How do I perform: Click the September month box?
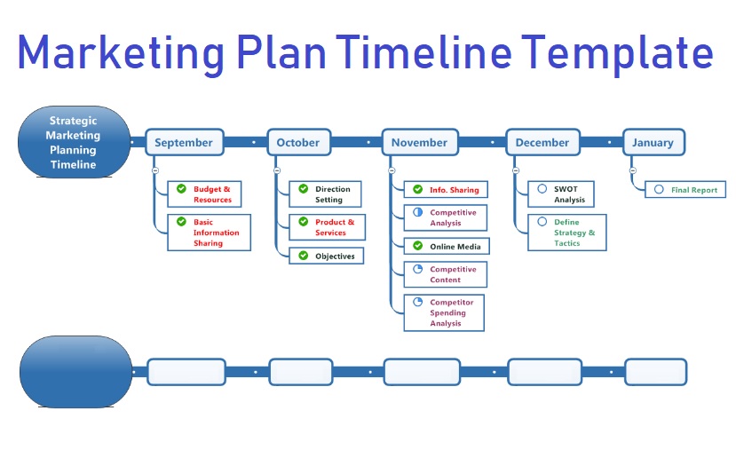[x=184, y=142]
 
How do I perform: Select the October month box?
[x=297, y=142]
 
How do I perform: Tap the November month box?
[x=419, y=142]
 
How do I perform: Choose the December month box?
[x=542, y=142]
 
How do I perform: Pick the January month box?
[x=653, y=142]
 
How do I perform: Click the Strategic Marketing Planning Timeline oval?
[x=73, y=142]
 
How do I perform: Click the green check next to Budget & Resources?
[x=181, y=189]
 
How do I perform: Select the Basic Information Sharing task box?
[x=209, y=233]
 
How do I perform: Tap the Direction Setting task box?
[x=326, y=194]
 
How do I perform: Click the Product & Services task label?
[x=335, y=227]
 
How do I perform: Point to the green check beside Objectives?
[x=303, y=256]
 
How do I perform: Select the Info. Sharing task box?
[x=445, y=190]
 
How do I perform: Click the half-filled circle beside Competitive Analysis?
[x=417, y=213]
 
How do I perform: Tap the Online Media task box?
[x=446, y=246]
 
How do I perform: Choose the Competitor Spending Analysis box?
[x=444, y=312]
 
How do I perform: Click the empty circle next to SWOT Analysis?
[x=542, y=189]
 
